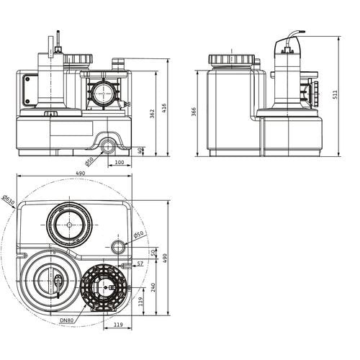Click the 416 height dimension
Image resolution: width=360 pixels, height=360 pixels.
point(164,108)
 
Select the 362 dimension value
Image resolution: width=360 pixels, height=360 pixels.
point(152,114)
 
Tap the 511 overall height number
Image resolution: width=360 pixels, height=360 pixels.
point(335,94)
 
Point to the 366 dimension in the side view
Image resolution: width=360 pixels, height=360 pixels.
point(194,112)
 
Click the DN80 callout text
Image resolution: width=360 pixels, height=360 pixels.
point(67,320)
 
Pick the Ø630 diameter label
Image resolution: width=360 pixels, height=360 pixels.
point(9,201)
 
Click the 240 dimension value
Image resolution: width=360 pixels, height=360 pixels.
point(153,287)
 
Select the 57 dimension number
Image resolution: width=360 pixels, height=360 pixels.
point(140,264)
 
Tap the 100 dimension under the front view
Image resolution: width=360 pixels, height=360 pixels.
point(120,162)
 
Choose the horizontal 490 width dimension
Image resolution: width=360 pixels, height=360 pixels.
point(80,174)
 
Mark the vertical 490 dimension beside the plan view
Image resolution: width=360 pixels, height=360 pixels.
point(165,258)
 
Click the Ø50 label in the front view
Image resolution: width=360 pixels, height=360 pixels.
point(89,161)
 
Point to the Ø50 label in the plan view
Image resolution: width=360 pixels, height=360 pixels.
point(138,234)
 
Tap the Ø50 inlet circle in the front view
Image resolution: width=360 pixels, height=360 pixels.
point(107,147)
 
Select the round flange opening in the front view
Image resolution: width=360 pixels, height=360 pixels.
point(104,94)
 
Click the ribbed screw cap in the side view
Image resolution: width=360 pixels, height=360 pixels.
point(231,59)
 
